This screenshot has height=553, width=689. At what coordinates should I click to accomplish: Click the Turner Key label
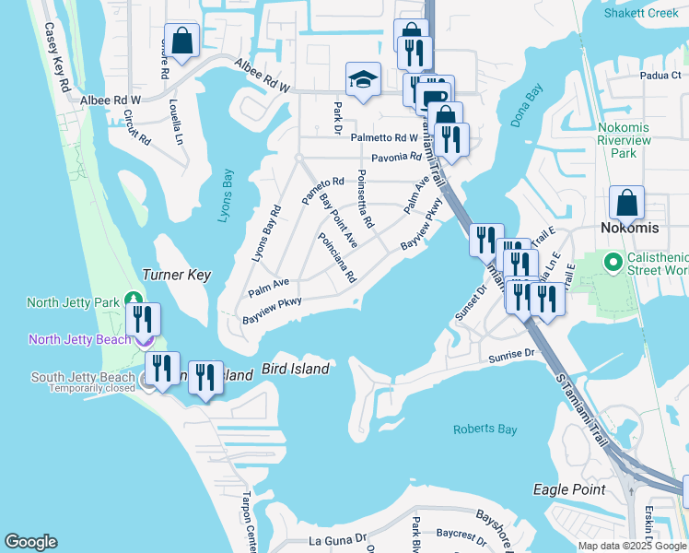[x=177, y=275]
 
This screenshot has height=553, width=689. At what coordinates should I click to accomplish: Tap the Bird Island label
[x=296, y=369]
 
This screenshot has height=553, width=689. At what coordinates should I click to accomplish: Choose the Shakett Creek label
[x=641, y=13]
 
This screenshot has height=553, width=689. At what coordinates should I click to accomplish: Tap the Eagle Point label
[x=569, y=489]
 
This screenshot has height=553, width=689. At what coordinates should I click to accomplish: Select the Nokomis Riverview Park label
[x=625, y=139]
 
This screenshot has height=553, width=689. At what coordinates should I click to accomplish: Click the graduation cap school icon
[x=364, y=78]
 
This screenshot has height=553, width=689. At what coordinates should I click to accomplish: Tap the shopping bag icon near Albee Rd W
[x=181, y=40]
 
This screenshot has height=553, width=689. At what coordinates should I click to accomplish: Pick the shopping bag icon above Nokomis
[x=626, y=202]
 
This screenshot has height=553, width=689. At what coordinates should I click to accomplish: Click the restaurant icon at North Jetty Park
[x=143, y=319]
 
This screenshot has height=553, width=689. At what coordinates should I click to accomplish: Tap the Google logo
[x=30, y=542]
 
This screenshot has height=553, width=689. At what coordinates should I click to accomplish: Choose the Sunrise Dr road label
[x=512, y=353]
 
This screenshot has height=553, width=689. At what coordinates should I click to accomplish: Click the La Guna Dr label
[x=338, y=538]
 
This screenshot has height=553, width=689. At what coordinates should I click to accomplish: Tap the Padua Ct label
[x=636, y=76]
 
